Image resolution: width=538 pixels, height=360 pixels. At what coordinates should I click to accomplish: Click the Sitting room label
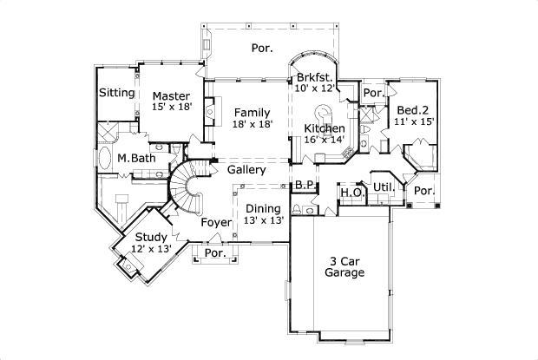116,93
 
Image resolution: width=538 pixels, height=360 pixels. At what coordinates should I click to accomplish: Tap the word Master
171,95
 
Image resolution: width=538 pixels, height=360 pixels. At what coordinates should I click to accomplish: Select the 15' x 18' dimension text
171,107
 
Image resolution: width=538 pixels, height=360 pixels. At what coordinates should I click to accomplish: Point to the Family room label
252,113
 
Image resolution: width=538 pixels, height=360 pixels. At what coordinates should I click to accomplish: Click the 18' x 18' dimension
252,124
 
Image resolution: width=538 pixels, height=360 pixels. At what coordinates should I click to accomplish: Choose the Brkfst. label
315,77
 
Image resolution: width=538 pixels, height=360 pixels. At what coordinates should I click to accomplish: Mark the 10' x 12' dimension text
315,88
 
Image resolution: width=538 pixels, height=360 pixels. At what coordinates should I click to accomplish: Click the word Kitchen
324,128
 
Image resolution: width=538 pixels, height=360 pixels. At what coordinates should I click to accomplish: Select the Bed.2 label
412,110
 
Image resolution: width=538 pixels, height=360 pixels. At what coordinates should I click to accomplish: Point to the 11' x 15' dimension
413,122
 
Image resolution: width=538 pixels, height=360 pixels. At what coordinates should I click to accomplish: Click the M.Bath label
135,158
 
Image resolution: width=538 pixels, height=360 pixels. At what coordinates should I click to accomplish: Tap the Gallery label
246,170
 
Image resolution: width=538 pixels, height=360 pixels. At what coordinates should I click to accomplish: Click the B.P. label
304,185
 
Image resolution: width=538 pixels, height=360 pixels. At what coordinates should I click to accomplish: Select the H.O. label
351,192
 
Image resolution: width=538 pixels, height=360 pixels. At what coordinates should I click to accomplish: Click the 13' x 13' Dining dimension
262,220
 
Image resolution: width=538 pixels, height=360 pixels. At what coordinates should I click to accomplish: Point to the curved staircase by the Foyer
184,187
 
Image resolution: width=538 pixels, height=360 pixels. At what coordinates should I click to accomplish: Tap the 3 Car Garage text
344,265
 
